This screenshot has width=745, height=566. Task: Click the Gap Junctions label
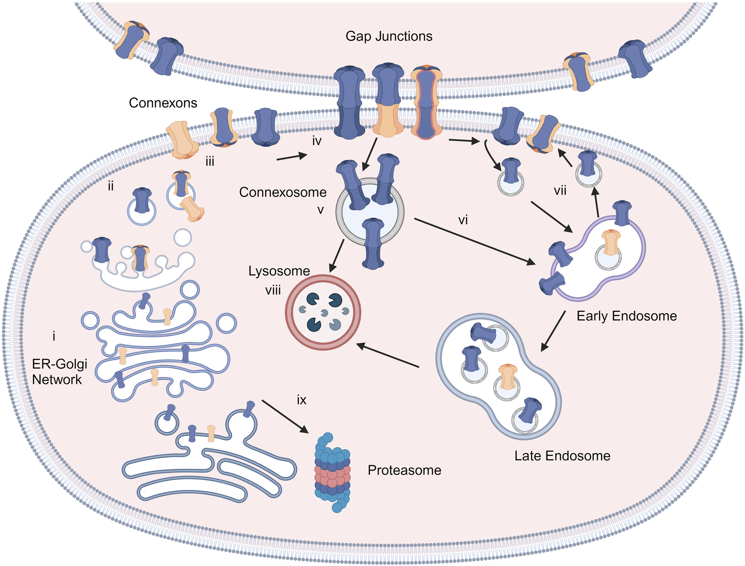tap(389, 36)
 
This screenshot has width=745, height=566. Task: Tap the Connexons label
tap(163, 103)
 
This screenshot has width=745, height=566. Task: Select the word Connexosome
tap(283, 192)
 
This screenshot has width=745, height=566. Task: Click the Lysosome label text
tap(279, 271)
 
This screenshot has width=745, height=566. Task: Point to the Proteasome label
tap(404, 470)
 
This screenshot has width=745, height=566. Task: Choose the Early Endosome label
tap(627, 316)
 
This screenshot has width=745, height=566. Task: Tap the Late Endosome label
tap(562, 456)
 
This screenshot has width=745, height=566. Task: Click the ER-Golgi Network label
tap(59, 371)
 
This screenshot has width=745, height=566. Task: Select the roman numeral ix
tap(301, 400)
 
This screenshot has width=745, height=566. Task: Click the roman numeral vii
tap(560, 191)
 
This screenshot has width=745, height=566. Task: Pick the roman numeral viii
tap(273, 290)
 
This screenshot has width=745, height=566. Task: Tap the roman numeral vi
tap(463, 220)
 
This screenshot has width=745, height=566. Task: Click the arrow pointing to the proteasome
tap(285, 416)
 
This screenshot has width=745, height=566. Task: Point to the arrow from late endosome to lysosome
tap(388, 355)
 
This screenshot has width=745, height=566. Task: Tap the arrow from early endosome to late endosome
tap(553, 332)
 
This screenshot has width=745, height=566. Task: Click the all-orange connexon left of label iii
tap(183, 139)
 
